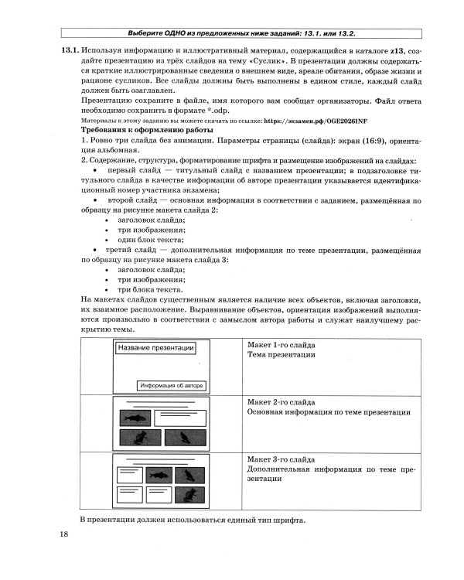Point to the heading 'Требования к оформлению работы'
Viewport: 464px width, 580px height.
[146, 131]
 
